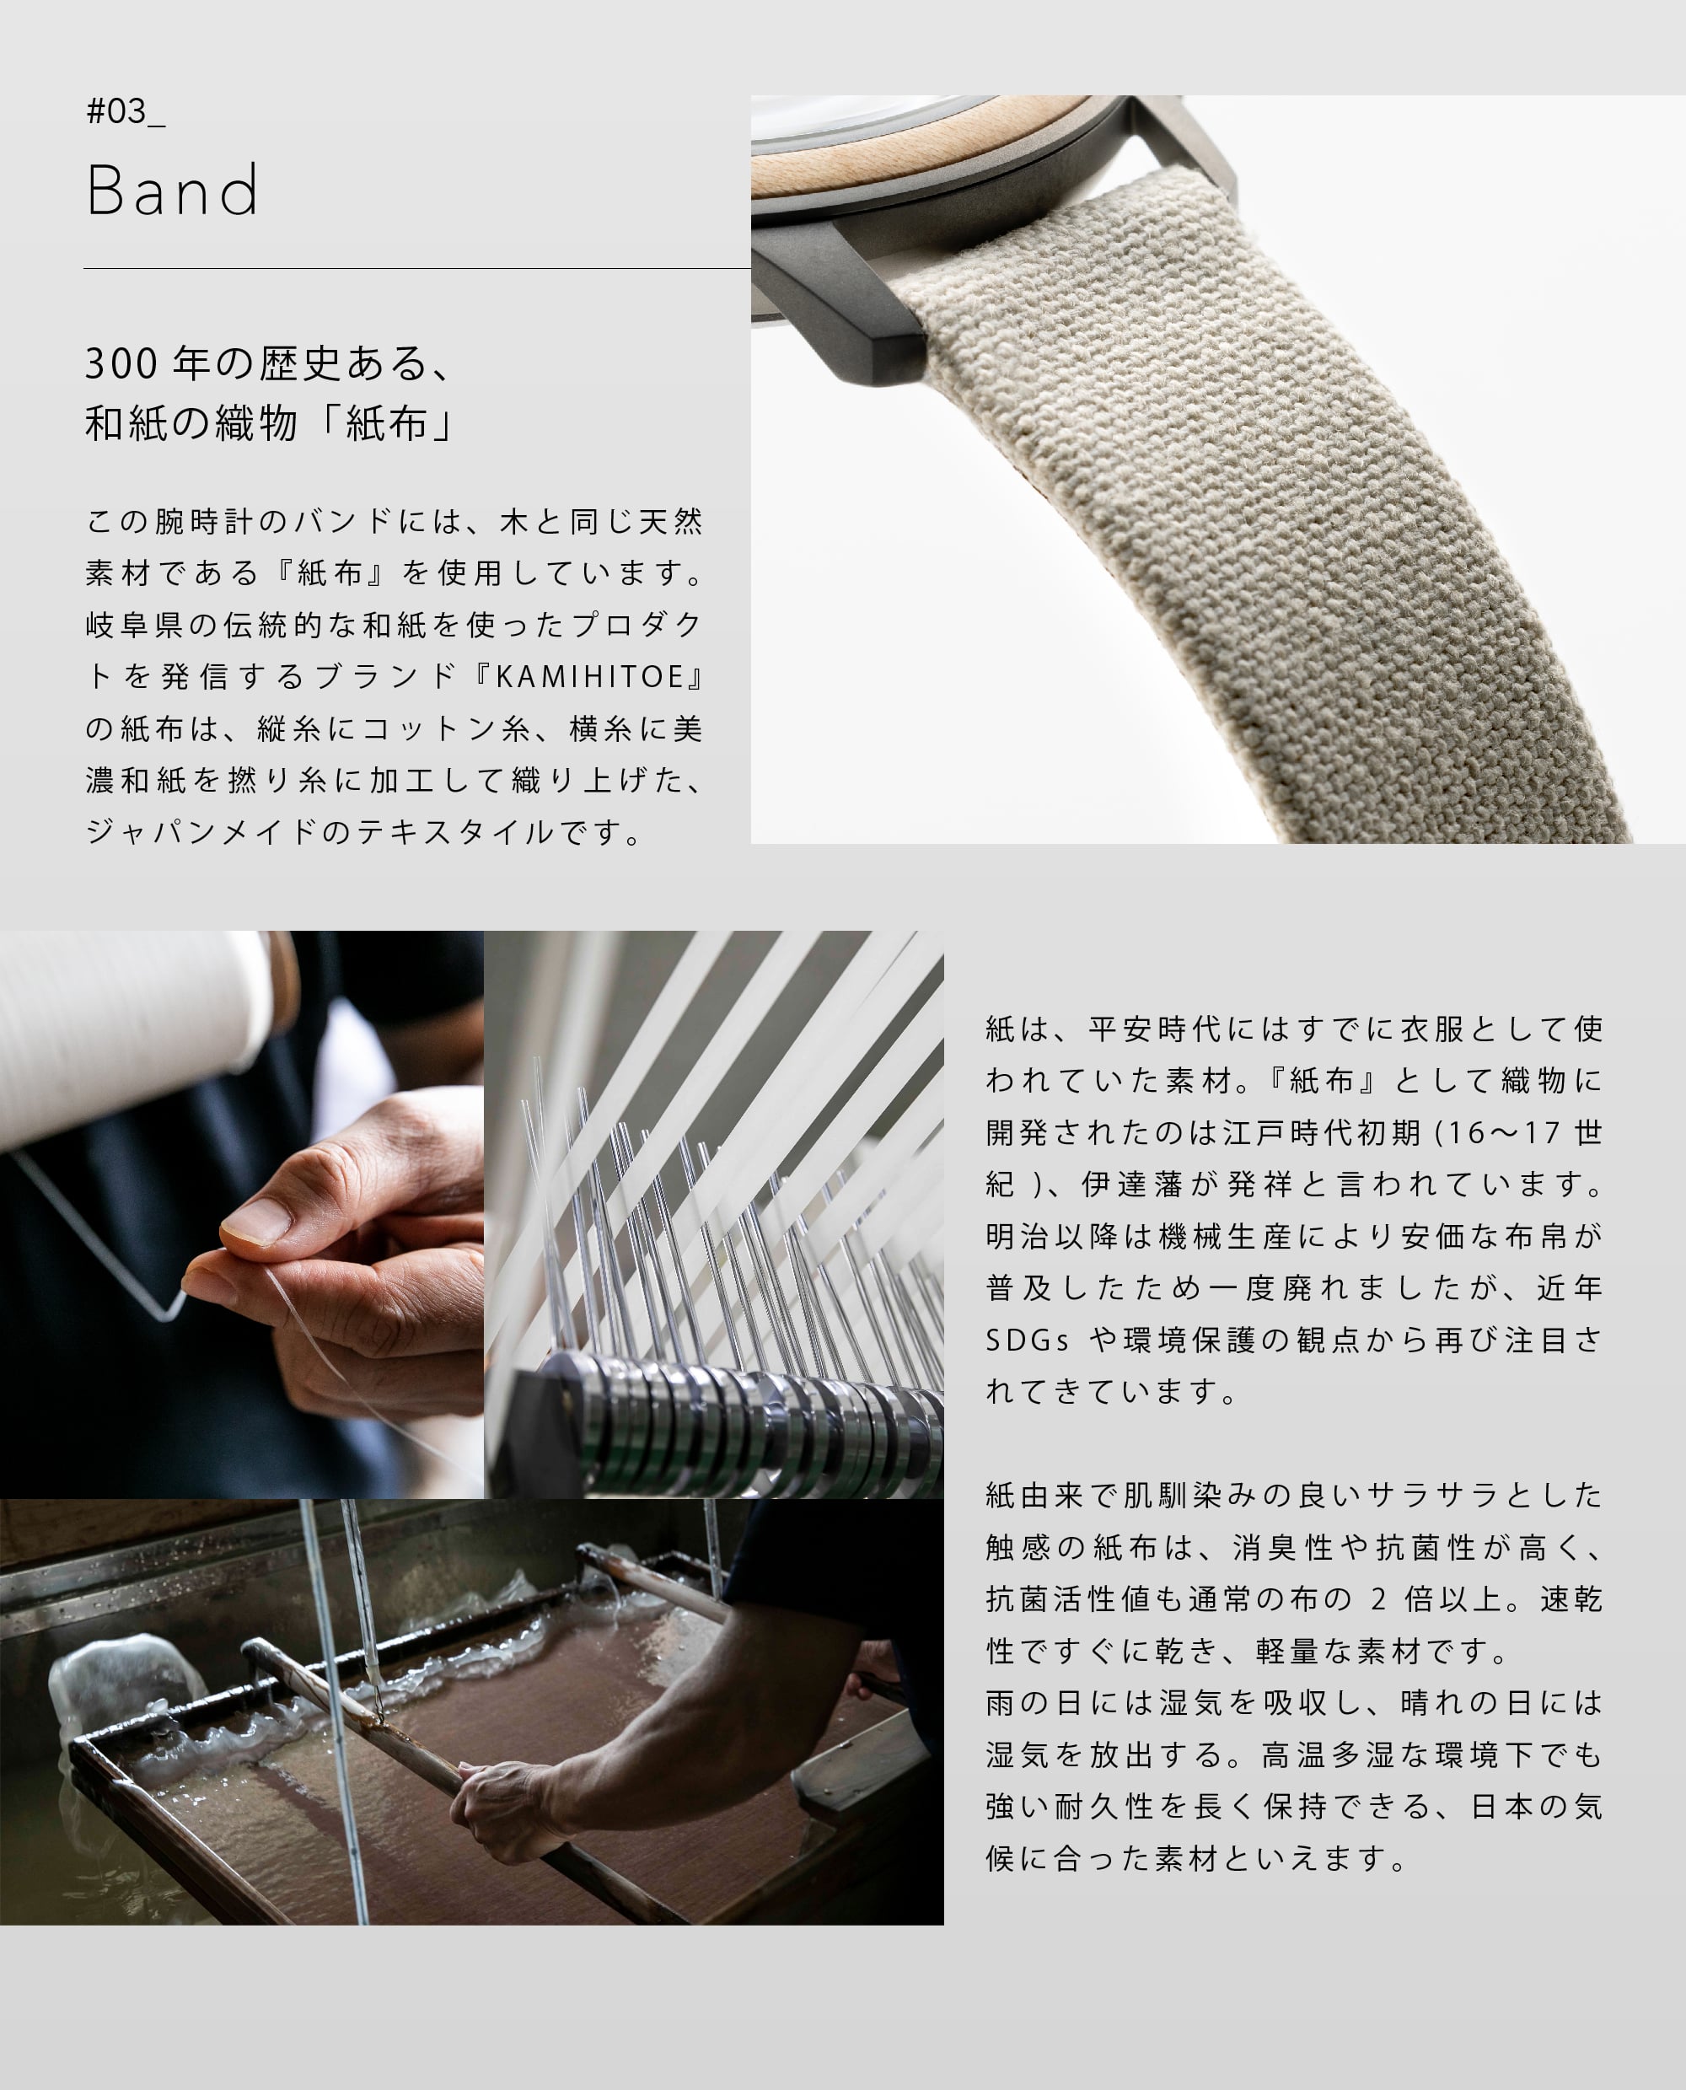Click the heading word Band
click(x=173, y=191)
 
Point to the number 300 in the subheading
click(x=121, y=364)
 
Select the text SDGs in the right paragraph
click(x=1027, y=1341)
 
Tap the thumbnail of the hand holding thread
click(x=241, y=1214)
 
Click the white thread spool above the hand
click(x=126, y=1029)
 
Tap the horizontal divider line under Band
click(x=416, y=268)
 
